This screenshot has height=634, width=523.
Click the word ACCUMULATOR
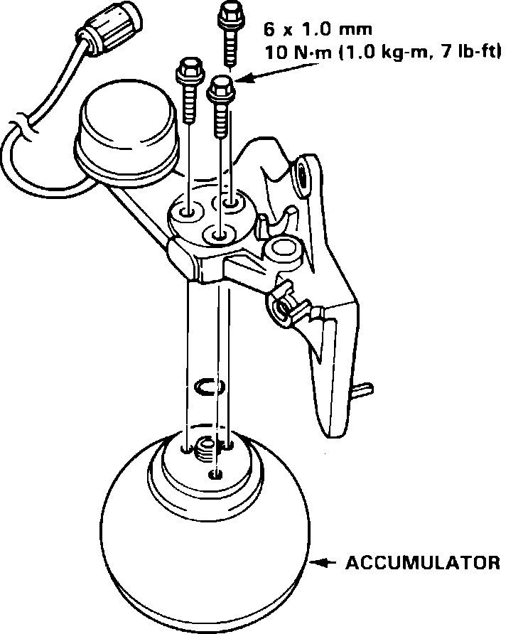(422, 564)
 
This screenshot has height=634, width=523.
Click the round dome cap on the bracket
(124, 131)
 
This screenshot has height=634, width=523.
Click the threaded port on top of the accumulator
(206, 448)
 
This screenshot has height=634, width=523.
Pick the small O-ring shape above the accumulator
(209, 386)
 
